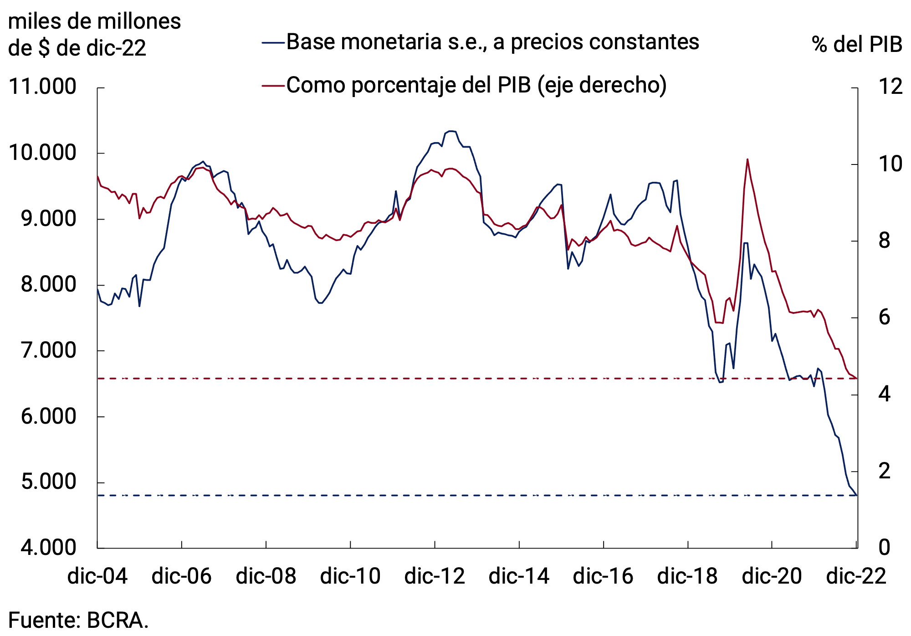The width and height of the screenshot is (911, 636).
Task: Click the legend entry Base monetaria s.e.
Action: [x=492, y=42]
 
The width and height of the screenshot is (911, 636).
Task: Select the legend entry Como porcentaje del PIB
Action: [x=476, y=85]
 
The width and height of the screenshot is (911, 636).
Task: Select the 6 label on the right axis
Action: [x=884, y=317]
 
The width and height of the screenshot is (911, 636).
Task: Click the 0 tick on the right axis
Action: [x=884, y=547]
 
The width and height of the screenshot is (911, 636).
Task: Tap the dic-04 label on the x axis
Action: [x=97, y=576]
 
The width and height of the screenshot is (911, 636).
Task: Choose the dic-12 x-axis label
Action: [x=435, y=576]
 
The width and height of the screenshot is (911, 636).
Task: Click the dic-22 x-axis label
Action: [x=856, y=576]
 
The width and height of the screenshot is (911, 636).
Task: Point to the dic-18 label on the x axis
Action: [x=687, y=576]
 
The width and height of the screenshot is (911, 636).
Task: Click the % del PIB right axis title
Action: [x=856, y=45]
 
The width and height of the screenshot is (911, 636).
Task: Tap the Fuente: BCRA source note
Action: [x=78, y=621]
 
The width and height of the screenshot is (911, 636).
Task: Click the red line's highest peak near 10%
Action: [x=747, y=159]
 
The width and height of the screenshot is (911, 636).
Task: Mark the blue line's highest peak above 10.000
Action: [x=451, y=131]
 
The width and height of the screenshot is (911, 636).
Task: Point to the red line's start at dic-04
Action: [x=98, y=177]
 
